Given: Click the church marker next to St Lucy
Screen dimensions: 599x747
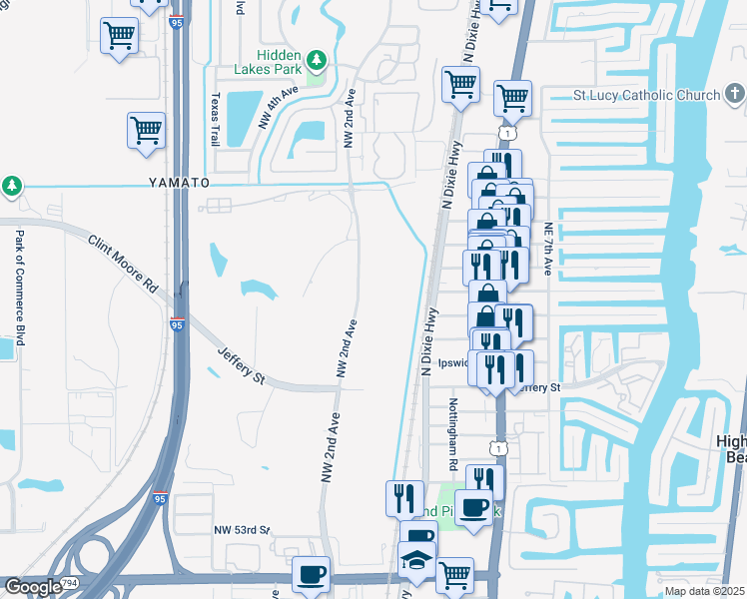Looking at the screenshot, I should (734, 96).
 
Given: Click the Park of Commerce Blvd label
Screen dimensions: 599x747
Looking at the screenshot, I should (19, 289).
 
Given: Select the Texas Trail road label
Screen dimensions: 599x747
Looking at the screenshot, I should (214, 120).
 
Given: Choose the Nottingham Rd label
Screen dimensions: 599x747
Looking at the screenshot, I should (452, 434).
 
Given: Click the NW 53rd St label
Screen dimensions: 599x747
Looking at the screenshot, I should (242, 529).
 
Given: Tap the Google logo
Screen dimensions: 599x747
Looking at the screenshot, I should (34, 587).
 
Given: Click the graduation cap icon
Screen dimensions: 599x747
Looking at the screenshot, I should (416, 560).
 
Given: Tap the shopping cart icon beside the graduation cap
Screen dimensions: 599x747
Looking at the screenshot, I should (454, 574).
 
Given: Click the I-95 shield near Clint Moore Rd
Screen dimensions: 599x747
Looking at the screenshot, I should (177, 324).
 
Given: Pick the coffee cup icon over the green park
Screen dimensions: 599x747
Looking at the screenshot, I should (473, 507).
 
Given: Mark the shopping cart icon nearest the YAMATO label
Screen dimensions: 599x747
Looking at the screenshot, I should (146, 130).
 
